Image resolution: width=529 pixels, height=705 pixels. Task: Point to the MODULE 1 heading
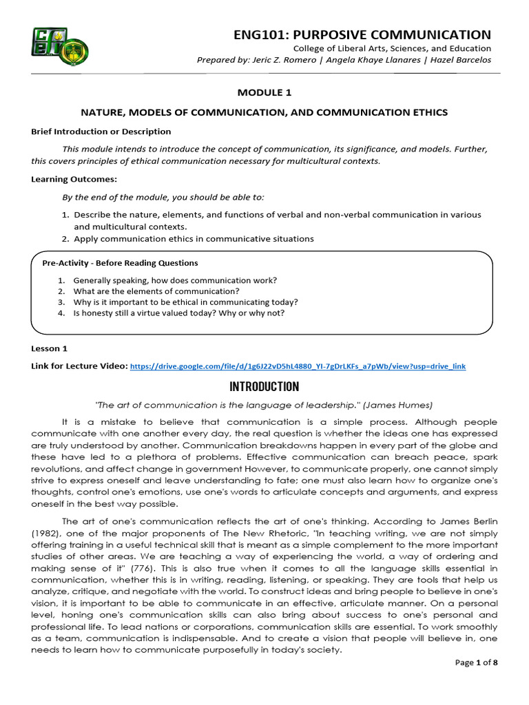coord(264,92)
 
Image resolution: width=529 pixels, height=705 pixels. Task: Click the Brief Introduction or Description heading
coord(101,131)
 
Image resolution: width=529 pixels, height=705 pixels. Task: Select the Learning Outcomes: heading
coord(68,179)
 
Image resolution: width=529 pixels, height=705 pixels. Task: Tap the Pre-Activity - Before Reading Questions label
coord(120,263)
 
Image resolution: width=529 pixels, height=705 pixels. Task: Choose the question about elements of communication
coord(156,291)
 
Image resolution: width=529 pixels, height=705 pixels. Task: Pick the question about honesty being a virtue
coord(178,313)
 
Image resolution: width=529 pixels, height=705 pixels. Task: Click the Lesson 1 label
coord(50,348)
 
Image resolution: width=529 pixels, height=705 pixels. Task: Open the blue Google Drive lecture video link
coord(298,366)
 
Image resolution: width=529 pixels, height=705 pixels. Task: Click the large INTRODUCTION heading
coord(264,386)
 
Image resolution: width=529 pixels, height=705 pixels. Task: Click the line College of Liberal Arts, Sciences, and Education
coord(392,48)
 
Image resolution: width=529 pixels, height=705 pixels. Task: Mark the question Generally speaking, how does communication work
coord(175,280)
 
